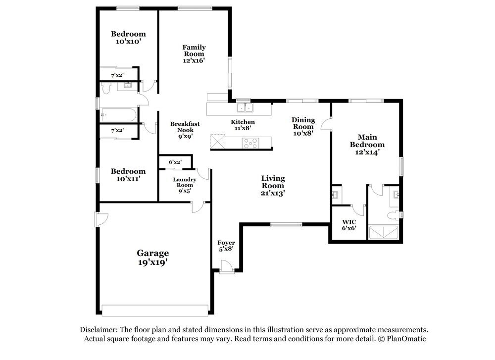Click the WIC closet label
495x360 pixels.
click(349, 222)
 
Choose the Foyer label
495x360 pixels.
click(226, 243)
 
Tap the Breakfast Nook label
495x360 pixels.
click(185, 127)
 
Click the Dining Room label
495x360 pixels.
click(303, 123)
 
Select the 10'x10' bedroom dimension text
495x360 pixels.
click(128, 42)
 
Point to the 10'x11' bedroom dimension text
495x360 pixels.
click(128, 179)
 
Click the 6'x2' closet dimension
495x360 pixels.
click(175, 162)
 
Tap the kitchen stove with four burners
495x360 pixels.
click(250, 143)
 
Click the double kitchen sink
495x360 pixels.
click(246, 107)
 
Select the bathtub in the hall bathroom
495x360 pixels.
click(118, 115)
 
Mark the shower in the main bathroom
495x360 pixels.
click(384, 232)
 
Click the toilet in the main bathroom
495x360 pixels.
click(394, 216)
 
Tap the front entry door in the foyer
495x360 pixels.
click(227, 266)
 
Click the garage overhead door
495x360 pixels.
click(155, 310)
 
